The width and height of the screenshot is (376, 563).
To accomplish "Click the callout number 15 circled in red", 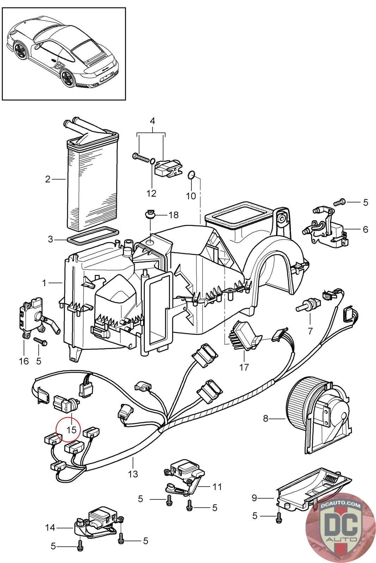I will click(72, 430).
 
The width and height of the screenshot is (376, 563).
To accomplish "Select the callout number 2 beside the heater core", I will click(48, 179).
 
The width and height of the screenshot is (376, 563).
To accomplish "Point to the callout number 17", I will click(244, 367).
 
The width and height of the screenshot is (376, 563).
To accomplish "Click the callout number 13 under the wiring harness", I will click(133, 474).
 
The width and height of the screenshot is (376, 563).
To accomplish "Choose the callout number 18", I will click(173, 215).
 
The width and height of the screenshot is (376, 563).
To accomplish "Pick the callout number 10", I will click(191, 195).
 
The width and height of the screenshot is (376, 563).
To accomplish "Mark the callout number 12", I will click(152, 193).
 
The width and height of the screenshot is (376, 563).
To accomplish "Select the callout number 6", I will click(365, 229).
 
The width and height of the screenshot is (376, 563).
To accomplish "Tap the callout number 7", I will click(310, 331).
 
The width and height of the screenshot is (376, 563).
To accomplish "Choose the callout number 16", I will click(24, 361).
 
